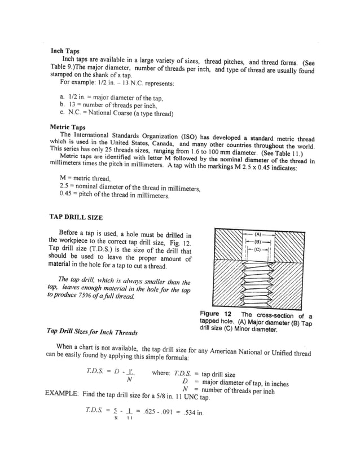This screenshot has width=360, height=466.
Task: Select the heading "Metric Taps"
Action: point(68,128)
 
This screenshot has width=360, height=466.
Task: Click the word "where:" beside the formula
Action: point(164,373)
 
